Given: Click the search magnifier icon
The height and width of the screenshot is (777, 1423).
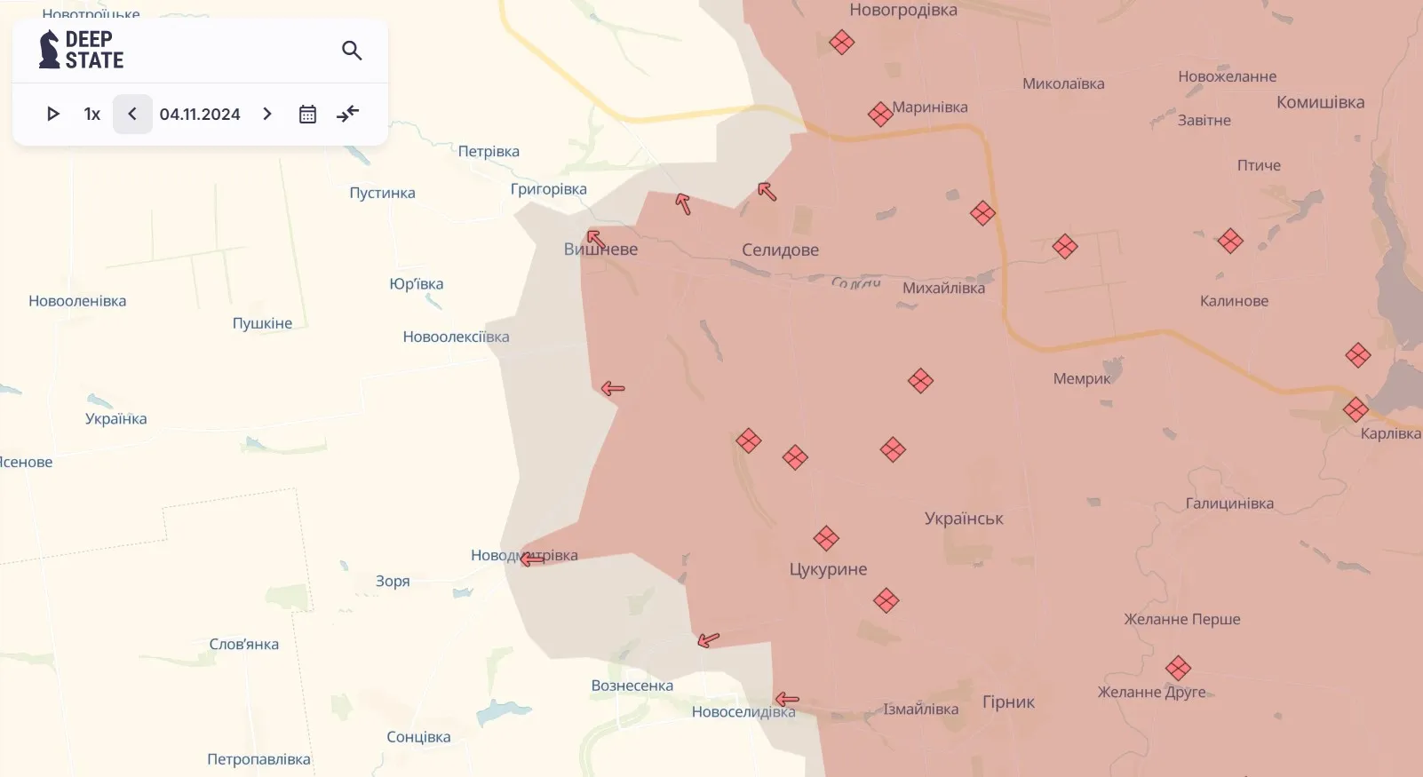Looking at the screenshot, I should click(352, 51).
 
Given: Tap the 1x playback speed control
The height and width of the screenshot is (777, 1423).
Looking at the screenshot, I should click(92, 114).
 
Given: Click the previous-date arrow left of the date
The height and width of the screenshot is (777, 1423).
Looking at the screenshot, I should click(132, 114).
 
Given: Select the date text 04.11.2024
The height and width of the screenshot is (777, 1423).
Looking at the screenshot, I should click(200, 114).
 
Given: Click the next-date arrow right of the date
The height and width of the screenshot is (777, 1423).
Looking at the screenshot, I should click(267, 114).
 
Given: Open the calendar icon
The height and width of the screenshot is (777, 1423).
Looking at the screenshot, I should click(307, 114).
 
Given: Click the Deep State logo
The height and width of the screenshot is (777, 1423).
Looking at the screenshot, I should click(81, 50).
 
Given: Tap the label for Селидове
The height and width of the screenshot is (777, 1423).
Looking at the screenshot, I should click(780, 250).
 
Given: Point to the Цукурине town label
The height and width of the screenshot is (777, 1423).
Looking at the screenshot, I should click(828, 569).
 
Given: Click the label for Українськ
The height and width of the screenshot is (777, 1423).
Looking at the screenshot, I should click(964, 519).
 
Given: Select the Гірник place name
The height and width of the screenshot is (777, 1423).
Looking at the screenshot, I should click(1008, 702).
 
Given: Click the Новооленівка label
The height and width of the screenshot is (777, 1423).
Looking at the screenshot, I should click(77, 301).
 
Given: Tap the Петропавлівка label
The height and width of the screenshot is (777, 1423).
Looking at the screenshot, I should click(258, 759).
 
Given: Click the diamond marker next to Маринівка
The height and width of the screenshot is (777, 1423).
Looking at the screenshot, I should click(879, 114).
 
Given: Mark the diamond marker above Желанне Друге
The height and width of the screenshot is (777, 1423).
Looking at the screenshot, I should click(1178, 668).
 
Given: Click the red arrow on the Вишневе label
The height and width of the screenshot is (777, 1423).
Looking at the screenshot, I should click(596, 239).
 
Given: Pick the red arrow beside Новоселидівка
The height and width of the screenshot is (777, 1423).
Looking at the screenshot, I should click(787, 700).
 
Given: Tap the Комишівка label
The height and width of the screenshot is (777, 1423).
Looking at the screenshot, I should click(1320, 102).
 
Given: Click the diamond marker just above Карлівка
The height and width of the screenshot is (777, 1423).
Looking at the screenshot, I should click(1355, 409).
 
